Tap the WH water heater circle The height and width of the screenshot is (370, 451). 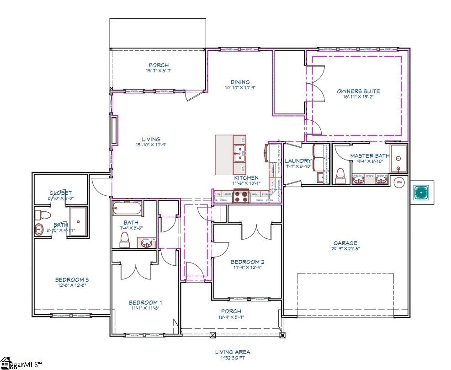click(x=399, y=182)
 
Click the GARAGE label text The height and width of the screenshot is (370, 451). click(x=345, y=243)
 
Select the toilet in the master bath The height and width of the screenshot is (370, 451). click(x=340, y=175)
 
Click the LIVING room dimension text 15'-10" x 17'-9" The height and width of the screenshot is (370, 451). click(x=150, y=145)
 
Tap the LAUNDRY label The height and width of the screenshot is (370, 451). click(x=298, y=161)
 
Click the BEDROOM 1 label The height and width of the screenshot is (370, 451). click(x=145, y=302)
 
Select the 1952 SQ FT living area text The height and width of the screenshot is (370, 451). click(x=233, y=358)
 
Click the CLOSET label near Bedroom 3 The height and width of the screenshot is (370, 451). click(x=60, y=193)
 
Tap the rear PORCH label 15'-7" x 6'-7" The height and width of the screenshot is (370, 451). click(x=158, y=71)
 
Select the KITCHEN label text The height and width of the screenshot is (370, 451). click(x=246, y=177)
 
